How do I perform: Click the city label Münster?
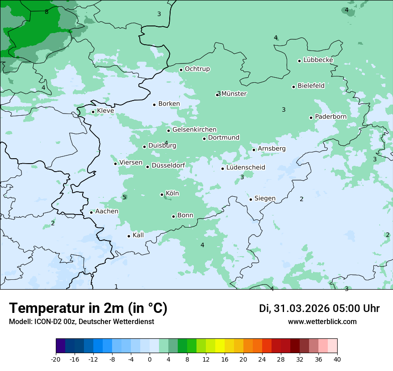[234, 94]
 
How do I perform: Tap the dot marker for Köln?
[162, 194]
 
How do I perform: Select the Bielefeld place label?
[311, 85]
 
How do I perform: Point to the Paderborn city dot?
[311, 118]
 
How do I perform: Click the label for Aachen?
[107, 211]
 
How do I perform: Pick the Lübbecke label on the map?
[318, 60]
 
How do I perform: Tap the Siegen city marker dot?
[251, 199]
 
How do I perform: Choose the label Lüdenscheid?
[246, 168]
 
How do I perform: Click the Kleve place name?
[105, 111]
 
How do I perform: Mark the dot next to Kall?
[129, 236]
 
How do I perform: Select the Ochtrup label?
[197, 69]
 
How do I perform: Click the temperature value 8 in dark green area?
[46, 12]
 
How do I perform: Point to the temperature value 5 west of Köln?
[124, 198]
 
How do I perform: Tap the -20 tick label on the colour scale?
[56, 359]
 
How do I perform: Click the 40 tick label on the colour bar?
[337, 359]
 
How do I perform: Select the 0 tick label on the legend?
[150, 359]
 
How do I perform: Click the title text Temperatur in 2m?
[88, 308]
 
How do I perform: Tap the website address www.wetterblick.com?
[322, 321]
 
